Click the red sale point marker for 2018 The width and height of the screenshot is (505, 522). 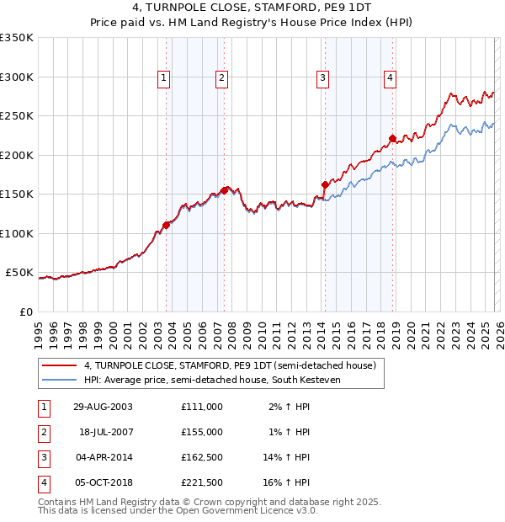click(392, 139)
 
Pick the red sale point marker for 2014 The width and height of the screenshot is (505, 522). click(325, 184)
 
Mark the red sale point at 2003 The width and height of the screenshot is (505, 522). click(167, 225)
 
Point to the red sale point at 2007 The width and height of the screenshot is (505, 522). click(225, 190)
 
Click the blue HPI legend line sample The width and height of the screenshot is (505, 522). click(61, 381)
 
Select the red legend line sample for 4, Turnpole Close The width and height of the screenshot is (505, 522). click(61, 365)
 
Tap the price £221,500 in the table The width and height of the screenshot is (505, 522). click(201, 482)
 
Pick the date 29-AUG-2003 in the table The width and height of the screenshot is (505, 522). click(103, 407)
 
